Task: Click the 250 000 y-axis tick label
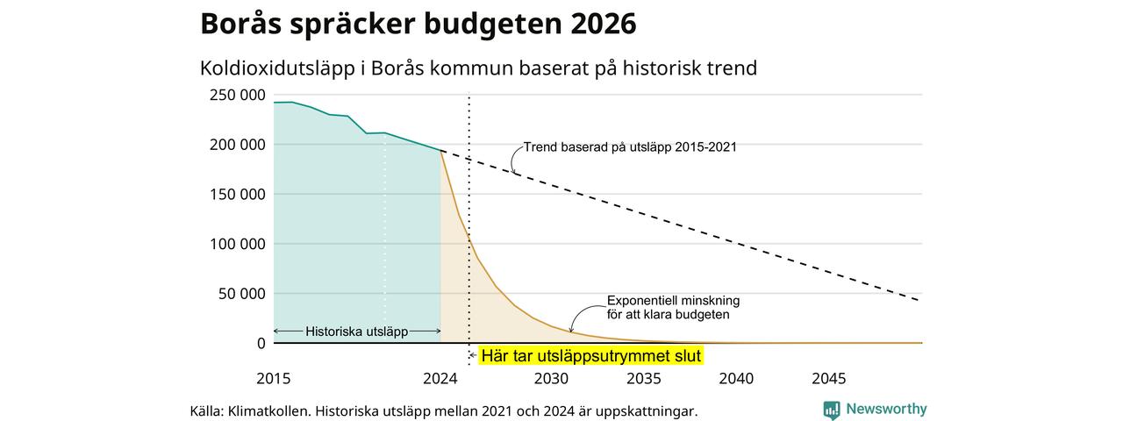coord(237,95)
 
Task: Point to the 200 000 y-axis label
coord(237,145)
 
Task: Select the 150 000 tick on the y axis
coord(237,195)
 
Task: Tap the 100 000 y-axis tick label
coord(237,244)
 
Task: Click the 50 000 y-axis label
coord(241,294)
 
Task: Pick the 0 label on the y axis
coord(261,343)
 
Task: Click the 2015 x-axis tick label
coord(273,378)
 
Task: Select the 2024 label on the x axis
coord(440,378)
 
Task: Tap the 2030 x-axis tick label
coord(552,378)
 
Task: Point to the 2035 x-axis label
coord(644,378)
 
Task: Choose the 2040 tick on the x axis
coord(736,378)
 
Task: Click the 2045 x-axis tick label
coord(829,378)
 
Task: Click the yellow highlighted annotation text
coord(591,356)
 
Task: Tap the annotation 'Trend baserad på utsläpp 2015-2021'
coord(630,147)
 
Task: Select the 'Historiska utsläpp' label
coord(357,332)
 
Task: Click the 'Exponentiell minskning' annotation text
coord(673,301)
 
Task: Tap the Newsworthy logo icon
coord(831,410)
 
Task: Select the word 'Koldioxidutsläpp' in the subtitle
coord(278,68)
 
